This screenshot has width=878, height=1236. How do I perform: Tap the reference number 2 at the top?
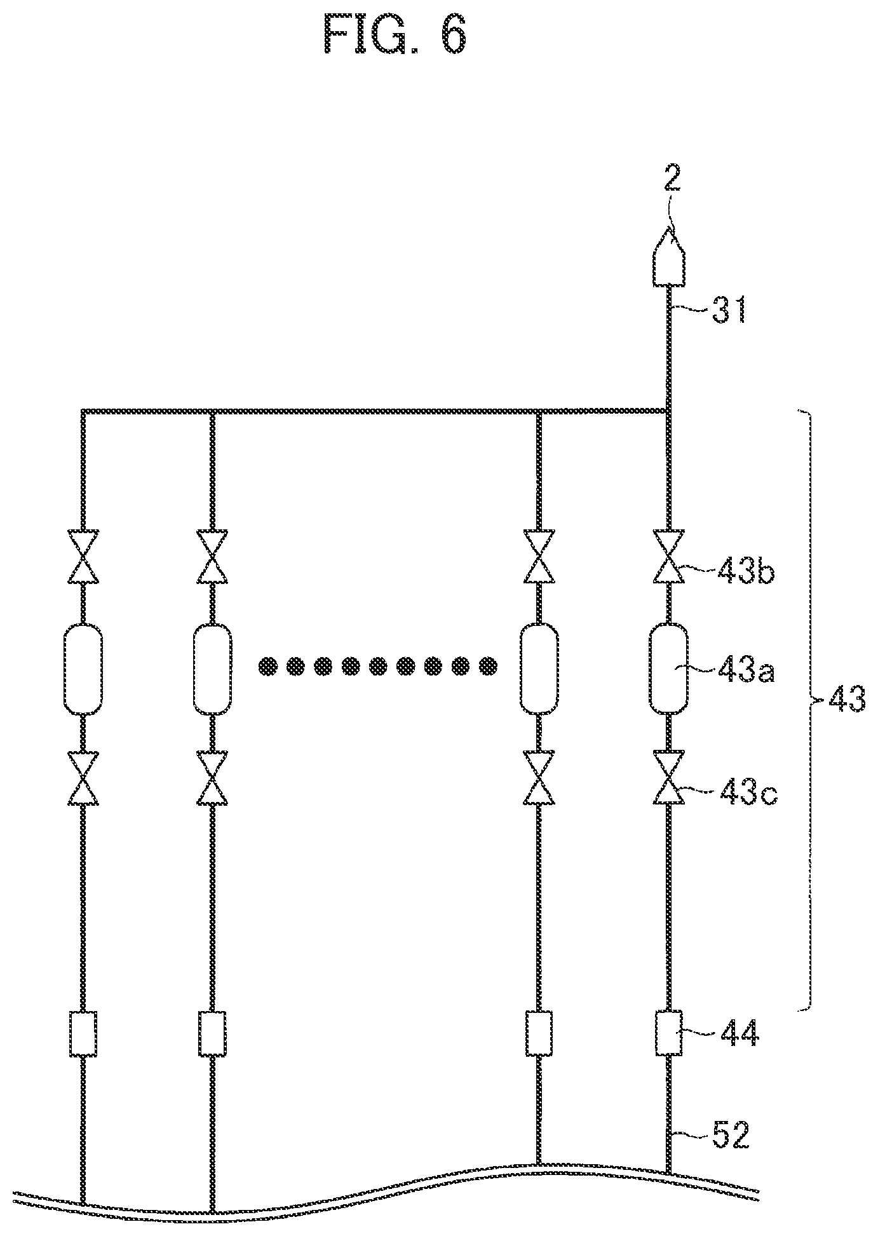[672, 180]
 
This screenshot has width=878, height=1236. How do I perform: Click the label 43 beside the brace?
[846, 701]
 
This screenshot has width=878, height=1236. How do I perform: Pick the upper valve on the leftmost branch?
[83, 557]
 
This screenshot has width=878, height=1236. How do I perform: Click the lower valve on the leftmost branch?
[83, 777]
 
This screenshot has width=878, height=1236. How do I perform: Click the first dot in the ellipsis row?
[267, 667]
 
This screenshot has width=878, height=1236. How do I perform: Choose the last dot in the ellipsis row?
[488, 667]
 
